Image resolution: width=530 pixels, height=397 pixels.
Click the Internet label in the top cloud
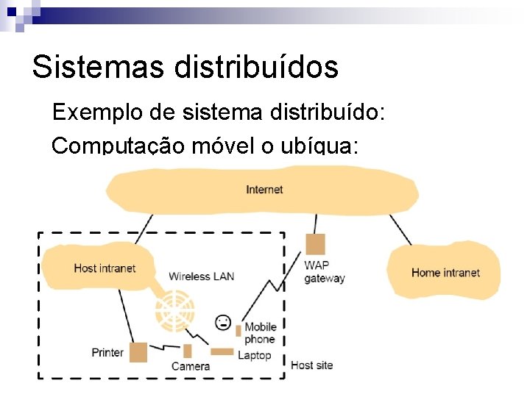[x=264, y=190]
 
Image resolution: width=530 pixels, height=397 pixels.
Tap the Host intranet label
[x=105, y=268]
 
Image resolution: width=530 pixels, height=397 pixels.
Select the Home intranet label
[x=445, y=273]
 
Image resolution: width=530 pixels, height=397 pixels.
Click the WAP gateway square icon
[x=316, y=243]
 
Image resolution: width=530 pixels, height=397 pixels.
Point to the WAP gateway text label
[x=324, y=271]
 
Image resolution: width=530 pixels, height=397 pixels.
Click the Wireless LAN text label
[x=201, y=276]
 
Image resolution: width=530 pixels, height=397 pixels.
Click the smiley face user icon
[x=222, y=322]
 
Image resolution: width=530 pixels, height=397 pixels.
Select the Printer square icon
[x=138, y=351]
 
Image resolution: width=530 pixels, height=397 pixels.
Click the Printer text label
[x=107, y=352]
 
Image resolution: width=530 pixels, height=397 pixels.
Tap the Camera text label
[x=191, y=365]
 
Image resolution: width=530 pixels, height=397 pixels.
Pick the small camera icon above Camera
[x=188, y=350]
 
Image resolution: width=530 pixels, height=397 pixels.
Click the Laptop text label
[x=254, y=355]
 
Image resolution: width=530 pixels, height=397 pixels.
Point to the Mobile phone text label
[x=260, y=333]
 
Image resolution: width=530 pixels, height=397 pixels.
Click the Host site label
[x=312, y=365]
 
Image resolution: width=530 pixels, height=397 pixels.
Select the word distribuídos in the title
[x=256, y=67]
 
